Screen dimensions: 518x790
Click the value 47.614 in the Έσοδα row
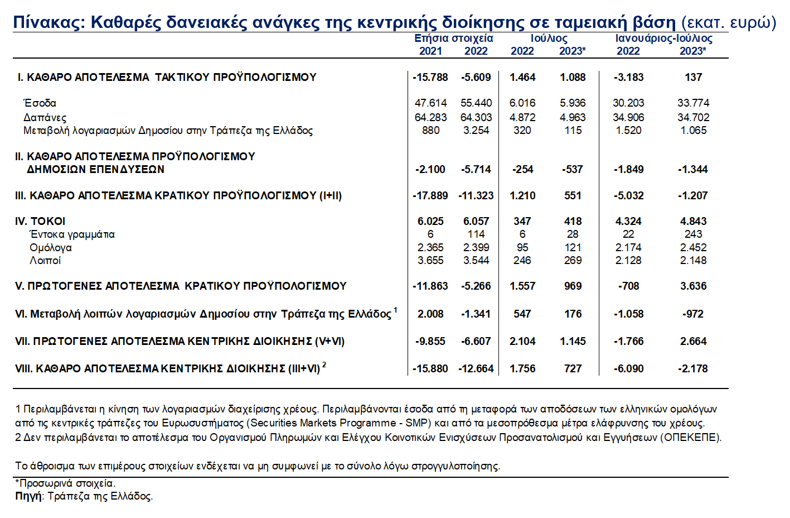(430, 103)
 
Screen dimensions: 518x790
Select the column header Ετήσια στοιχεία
(453, 39)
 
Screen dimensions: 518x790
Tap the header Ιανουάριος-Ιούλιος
(663, 39)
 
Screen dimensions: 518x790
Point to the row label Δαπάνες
(45, 118)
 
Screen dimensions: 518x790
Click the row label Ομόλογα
(50, 247)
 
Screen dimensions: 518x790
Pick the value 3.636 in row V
(693, 286)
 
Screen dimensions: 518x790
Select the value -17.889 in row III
(430, 195)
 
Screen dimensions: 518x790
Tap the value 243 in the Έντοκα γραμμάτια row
(693, 234)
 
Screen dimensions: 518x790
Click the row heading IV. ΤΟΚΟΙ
(40, 221)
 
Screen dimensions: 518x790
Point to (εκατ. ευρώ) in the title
(729, 22)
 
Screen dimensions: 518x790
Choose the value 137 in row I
(693, 77)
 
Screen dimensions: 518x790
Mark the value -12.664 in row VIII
(476, 368)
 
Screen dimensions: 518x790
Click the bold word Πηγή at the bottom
(28, 496)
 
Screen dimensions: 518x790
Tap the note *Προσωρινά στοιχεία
(65, 483)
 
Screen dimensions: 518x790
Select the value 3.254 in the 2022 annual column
(476, 130)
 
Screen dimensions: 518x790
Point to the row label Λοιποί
(45, 260)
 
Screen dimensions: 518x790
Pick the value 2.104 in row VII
(522, 341)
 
